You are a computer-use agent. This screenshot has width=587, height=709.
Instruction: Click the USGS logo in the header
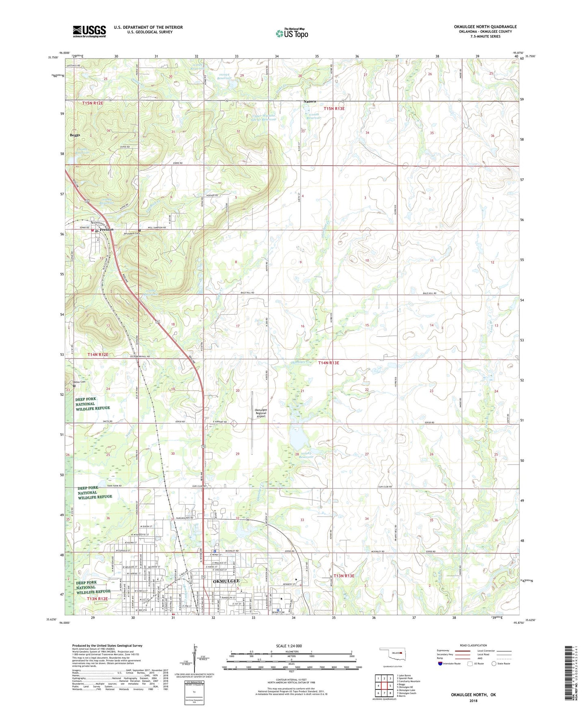coord(89,31)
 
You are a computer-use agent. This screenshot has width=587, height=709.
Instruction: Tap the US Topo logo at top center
coord(292,33)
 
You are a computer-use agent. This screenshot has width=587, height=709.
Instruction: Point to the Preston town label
coord(107,229)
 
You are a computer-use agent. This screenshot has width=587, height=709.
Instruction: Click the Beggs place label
coord(75,135)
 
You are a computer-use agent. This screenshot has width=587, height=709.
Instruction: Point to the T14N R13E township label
coord(328,363)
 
